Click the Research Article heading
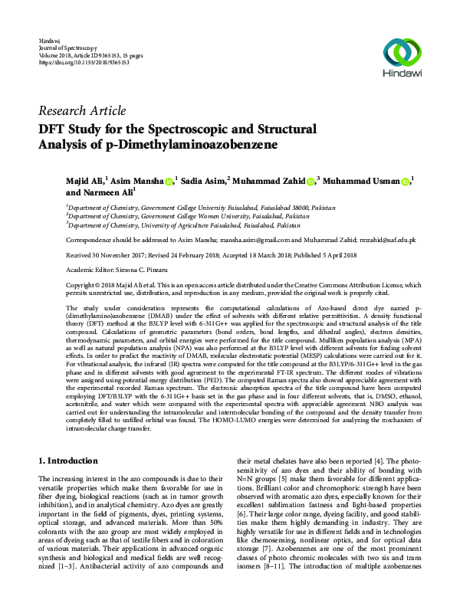click(x=81, y=110)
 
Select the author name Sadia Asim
click(x=202, y=181)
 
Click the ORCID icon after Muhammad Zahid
click(x=310, y=182)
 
